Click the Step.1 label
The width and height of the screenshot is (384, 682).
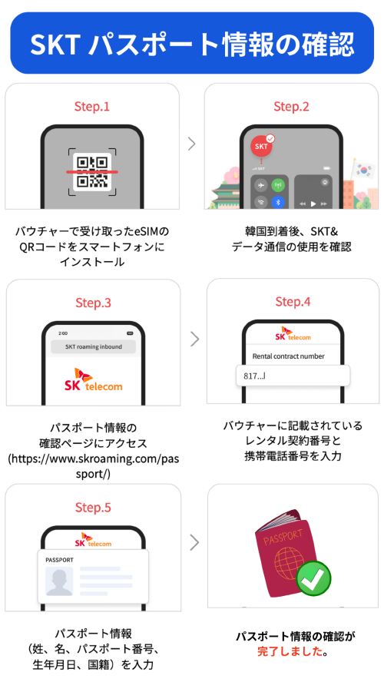[x=91, y=107]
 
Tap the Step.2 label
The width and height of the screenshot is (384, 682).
[x=291, y=107]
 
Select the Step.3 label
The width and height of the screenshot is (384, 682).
[x=93, y=303]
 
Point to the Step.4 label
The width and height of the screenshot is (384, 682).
[x=293, y=301]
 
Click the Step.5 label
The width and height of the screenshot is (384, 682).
[x=93, y=507]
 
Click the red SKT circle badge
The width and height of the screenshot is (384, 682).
[x=262, y=147]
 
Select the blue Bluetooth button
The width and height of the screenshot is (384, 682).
[x=278, y=201]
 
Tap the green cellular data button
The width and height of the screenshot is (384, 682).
[x=278, y=185]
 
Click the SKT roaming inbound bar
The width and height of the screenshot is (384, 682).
[x=94, y=346]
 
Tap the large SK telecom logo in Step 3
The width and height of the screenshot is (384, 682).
[x=94, y=379]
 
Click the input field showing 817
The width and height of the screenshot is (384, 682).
[x=293, y=376]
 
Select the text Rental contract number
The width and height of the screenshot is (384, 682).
[x=288, y=356]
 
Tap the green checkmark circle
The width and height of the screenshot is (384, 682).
[x=314, y=578]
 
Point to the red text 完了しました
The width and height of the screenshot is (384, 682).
[x=292, y=651]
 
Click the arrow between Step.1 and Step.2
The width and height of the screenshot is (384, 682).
[x=192, y=144]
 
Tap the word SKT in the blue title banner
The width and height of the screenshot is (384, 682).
[x=55, y=43]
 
